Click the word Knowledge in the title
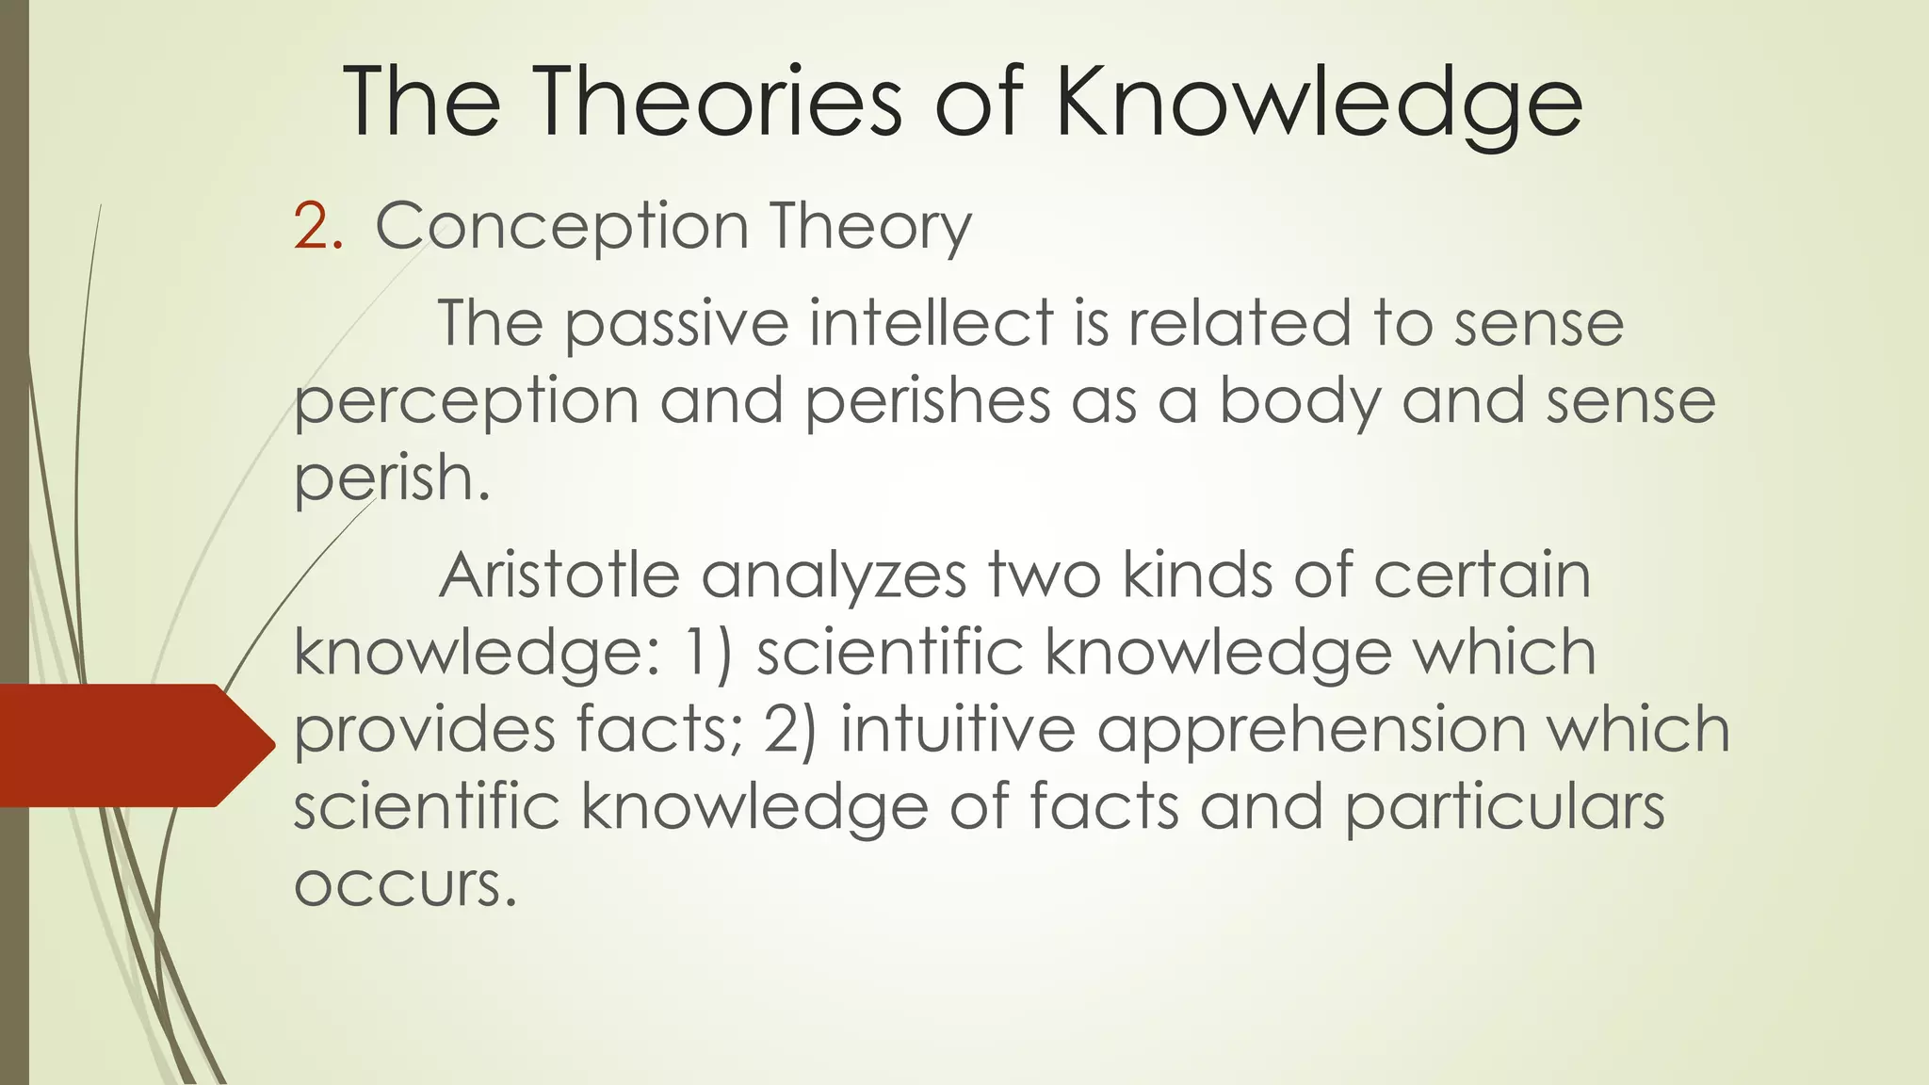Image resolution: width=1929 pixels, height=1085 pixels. [1319, 104]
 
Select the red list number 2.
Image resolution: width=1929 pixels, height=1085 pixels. [317, 227]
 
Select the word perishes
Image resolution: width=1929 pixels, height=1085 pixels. [927, 403]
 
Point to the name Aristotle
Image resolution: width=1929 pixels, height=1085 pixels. [559, 575]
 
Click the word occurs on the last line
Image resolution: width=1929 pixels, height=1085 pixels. [406, 885]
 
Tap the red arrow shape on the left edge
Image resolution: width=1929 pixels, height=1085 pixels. [132, 745]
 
